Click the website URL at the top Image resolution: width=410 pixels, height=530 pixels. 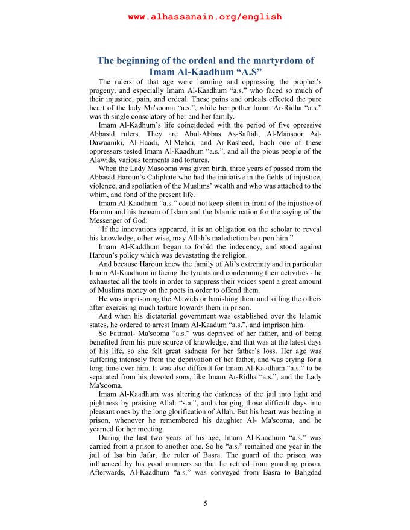pos(205,17)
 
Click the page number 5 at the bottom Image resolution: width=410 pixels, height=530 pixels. pos(205,503)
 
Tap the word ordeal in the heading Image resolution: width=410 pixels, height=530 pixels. pos(200,61)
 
